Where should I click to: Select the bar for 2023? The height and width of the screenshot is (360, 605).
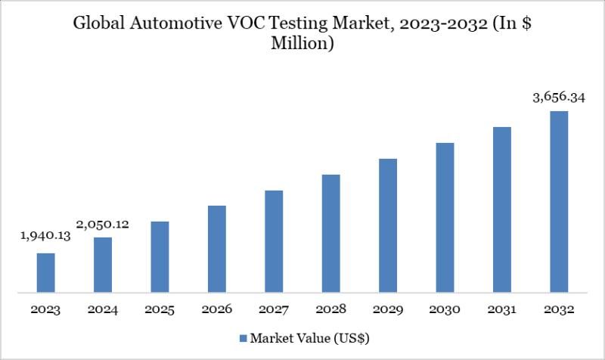click(x=46, y=272)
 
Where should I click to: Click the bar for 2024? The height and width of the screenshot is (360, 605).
click(x=103, y=265)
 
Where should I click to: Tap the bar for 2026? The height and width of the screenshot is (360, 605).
click(x=217, y=248)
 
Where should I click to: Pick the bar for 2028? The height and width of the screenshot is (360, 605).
click(x=330, y=233)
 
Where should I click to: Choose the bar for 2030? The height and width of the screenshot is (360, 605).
click(x=445, y=217)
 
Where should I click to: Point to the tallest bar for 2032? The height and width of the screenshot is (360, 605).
click(x=559, y=201)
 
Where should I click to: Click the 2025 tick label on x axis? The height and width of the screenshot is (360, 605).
click(x=160, y=310)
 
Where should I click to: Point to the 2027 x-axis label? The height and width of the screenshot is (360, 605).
click(x=274, y=310)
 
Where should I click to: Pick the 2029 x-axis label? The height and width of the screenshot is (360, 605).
click(x=388, y=310)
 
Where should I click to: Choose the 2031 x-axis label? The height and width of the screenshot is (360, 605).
click(x=502, y=310)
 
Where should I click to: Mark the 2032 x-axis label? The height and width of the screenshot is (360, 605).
click(x=559, y=310)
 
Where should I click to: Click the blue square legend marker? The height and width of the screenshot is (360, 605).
click(x=244, y=337)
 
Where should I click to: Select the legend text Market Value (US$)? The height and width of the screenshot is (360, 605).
click(x=310, y=337)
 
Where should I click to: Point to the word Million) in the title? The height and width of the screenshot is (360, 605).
click(x=302, y=44)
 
